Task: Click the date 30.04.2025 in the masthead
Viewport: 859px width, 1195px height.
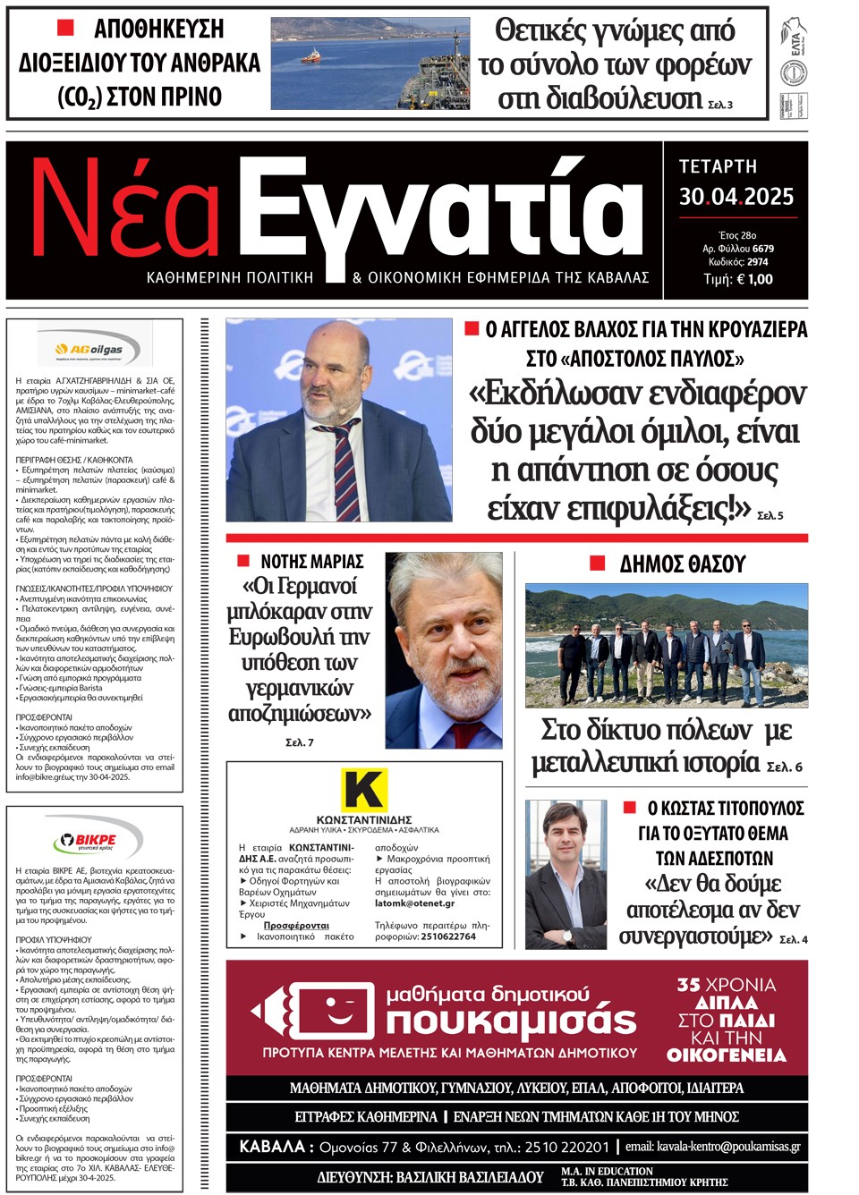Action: point(736,197)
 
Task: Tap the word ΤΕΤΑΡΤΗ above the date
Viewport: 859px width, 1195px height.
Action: point(718,166)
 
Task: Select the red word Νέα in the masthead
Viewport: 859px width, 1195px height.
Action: point(125,210)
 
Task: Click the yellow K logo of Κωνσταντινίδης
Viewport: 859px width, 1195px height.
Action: point(364,790)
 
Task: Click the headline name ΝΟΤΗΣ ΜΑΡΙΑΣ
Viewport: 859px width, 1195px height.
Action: point(311,562)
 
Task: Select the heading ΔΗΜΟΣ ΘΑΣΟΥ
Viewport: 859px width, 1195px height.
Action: point(682,564)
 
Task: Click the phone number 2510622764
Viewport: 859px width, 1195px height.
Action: point(448,937)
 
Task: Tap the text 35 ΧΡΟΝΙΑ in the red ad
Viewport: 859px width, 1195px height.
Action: point(726,985)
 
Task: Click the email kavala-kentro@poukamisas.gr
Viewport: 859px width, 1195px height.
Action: point(728,1147)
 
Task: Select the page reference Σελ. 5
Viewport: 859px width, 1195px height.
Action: point(770,515)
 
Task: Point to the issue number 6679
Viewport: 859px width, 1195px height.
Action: point(762,249)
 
